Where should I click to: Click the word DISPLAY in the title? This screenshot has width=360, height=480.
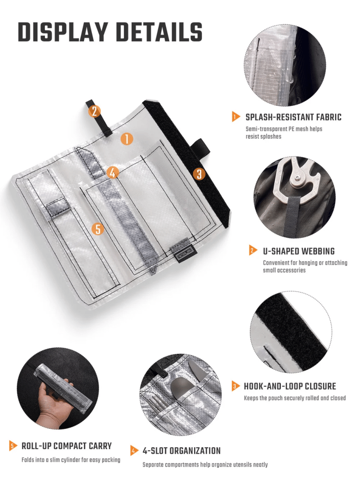tap(63, 32)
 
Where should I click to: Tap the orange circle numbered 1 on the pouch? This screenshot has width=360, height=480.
tap(127, 139)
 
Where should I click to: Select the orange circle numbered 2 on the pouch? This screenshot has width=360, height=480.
tap(94, 111)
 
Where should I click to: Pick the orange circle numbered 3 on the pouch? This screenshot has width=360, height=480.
tap(199, 174)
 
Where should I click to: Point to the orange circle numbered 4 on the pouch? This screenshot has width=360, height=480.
tap(112, 172)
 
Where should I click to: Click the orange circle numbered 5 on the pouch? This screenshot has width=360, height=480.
tap(97, 228)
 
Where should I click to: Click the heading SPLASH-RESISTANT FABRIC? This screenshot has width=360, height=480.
tap(293, 117)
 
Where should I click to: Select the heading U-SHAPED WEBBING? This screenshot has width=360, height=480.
tap(299, 251)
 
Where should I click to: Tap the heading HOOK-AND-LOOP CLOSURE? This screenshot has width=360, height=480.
tap(290, 386)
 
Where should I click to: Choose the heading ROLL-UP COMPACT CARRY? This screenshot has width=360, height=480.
tap(67, 446)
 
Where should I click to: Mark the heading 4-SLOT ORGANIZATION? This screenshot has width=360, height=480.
tap(181, 451)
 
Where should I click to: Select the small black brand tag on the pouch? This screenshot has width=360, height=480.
tap(183, 254)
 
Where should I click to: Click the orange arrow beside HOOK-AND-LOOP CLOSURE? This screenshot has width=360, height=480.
tap(236, 386)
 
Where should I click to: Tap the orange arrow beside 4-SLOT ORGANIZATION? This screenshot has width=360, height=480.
tap(134, 450)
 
